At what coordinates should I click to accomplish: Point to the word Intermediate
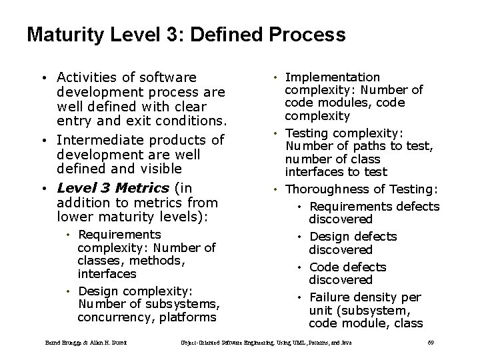point(95,139)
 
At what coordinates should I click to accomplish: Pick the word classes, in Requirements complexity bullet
point(99,261)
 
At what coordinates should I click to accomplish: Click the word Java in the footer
point(345,343)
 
